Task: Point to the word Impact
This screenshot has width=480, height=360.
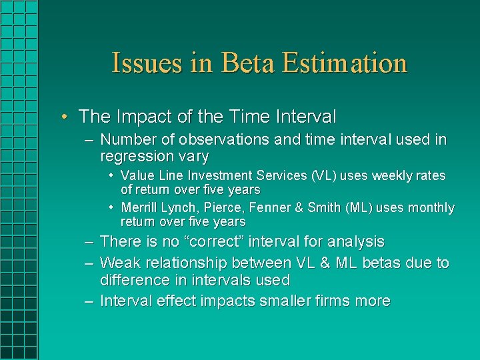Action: (x=142, y=117)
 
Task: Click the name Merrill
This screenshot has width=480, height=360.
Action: (x=139, y=208)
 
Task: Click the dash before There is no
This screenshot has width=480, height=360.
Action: (x=89, y=242)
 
